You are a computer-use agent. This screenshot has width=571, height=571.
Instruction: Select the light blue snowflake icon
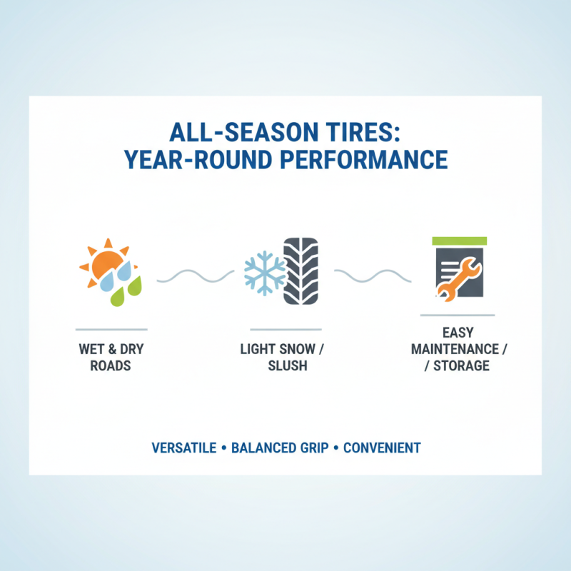click(264, 272)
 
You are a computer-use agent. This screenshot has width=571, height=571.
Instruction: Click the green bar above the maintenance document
click(459, 241)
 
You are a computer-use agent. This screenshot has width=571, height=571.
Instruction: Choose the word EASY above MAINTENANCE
click(458, 333)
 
